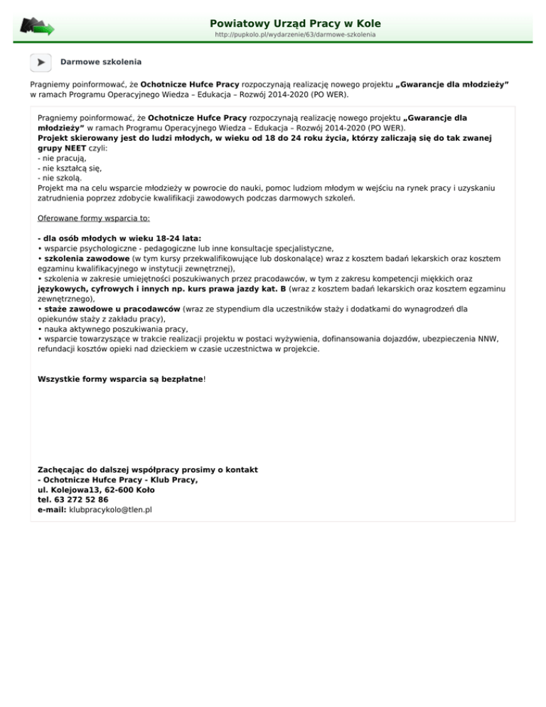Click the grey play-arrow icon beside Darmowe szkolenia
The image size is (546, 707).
coord(41,63)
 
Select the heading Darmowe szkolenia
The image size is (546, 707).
coord(101,63)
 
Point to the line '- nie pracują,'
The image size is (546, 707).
coord(62,161)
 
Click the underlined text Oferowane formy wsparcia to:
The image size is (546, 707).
coord(94,218)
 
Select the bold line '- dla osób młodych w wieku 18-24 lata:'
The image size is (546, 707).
coord(119,238)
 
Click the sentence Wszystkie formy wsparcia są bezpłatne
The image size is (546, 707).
coord(121,379)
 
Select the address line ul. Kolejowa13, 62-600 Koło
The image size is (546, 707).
coord(96,489)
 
